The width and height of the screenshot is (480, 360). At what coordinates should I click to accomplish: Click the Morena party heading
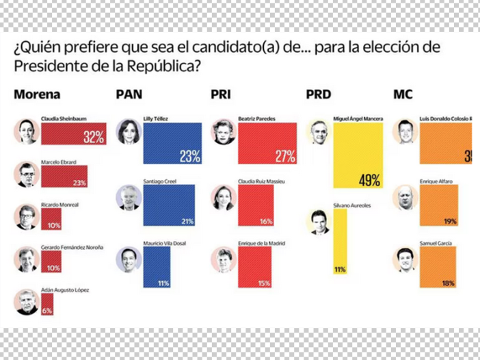(38, 94)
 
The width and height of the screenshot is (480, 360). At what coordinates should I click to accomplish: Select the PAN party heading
(129, 94)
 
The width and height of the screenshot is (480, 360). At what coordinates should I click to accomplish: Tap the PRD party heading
(320, 94)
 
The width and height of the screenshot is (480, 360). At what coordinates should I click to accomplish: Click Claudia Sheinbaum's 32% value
(93, 137)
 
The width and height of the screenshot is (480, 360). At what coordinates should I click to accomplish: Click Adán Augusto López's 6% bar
(46, 303)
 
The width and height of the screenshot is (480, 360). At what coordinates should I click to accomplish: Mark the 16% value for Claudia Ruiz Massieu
(266, 221)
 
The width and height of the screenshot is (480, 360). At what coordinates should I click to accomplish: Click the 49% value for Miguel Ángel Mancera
(369, 181)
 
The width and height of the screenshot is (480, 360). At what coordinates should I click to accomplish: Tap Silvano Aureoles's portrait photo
(320, 222)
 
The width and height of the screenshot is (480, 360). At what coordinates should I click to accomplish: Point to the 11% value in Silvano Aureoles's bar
(340, 270)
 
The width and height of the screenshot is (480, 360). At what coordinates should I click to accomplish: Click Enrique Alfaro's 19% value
(449, 221)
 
